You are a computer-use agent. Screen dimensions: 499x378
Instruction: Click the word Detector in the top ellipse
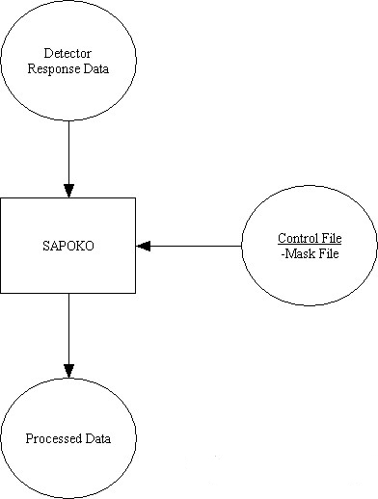[x=67, y=51]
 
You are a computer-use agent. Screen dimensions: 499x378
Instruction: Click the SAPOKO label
[x=67, y=245]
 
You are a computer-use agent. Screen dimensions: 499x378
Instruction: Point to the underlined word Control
[x=296, y=238]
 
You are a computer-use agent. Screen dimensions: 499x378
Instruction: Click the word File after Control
[x=331, y=238]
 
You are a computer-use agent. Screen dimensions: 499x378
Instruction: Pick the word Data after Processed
[x=97, y=438]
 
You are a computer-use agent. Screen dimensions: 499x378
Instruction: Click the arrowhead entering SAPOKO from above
[x=67, y=190]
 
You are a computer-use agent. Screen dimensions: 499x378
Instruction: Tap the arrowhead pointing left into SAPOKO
[x=144, y=246]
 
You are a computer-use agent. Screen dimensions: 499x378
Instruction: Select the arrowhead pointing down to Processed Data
[x=67, y=369]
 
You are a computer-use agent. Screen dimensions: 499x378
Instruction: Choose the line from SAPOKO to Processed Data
[x=67, y=328]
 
